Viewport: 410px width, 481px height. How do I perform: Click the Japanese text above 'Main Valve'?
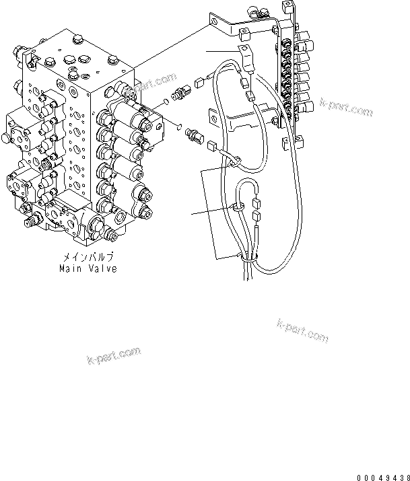[x=88, y=257]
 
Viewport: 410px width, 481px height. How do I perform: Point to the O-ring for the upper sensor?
[x=165, y=102]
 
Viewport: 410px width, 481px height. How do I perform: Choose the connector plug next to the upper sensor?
[x=199, y=83]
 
